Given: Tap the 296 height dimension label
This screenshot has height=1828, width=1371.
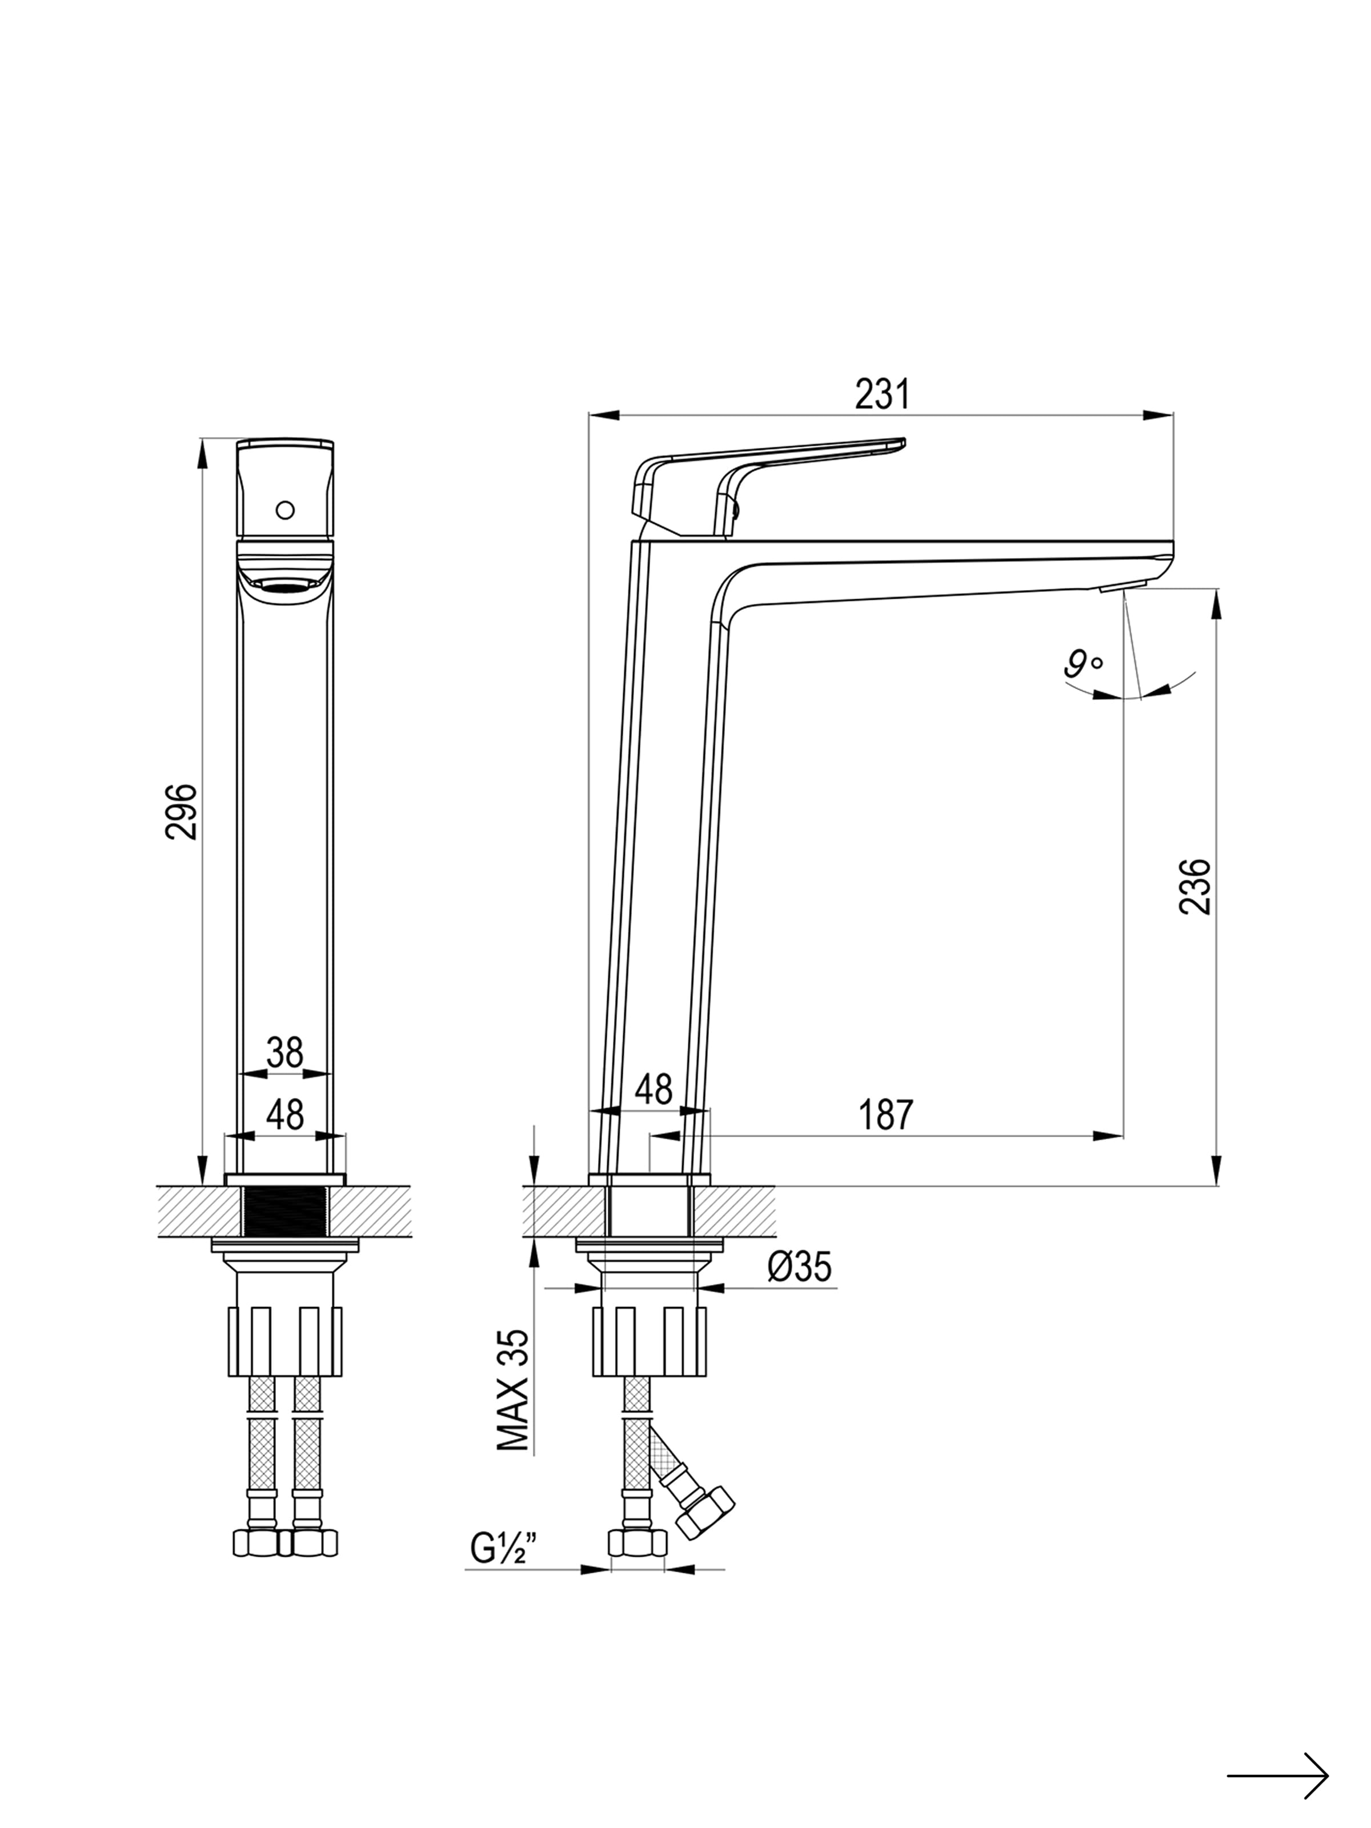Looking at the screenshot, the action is tap(182, 812).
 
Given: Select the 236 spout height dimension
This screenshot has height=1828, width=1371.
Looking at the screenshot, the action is tap(1195, 886).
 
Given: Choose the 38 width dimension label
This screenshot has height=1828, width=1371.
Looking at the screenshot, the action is tap(285, 1053).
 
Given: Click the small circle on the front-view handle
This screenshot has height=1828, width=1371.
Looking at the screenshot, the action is tap(285, 509).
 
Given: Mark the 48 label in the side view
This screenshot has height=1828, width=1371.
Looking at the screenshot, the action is tap(654, 1089).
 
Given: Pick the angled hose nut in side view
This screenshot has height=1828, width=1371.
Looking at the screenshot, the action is tap(705, 1512).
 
